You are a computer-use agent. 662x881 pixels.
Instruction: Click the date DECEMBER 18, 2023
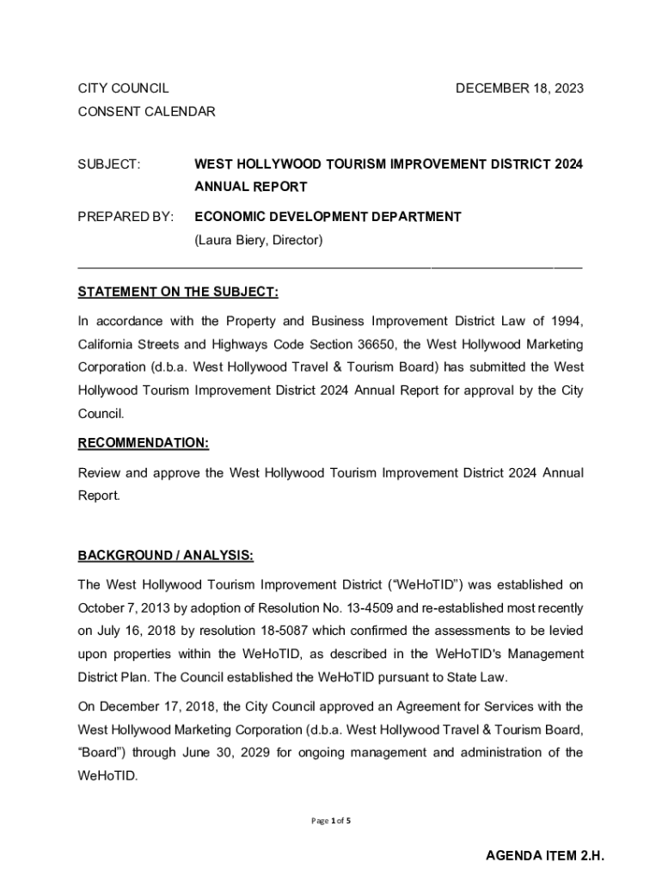518,88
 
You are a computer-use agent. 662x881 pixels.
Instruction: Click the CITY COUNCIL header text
123,88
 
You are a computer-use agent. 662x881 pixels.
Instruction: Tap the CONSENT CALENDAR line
146,111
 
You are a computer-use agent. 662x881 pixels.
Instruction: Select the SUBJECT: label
109,163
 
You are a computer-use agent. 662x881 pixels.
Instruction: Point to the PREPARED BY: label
126,217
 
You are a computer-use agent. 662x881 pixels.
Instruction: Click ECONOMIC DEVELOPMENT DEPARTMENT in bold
328,217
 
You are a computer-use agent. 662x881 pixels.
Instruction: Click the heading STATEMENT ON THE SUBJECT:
178,293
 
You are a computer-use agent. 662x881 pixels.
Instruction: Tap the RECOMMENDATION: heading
144,443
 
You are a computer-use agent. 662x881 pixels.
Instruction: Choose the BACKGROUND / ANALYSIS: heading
166,556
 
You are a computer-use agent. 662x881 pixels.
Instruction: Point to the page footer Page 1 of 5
330,821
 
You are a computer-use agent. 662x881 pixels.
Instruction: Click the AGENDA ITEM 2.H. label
545,856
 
